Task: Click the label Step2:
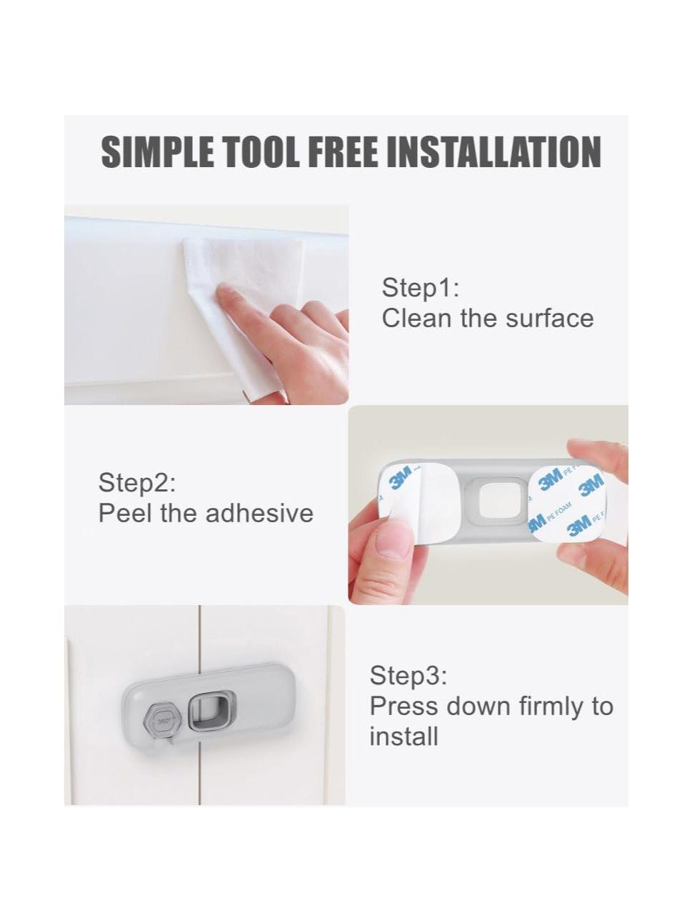point(137,484)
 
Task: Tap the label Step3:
point(408,677)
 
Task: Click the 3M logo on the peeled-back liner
point(401,481)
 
